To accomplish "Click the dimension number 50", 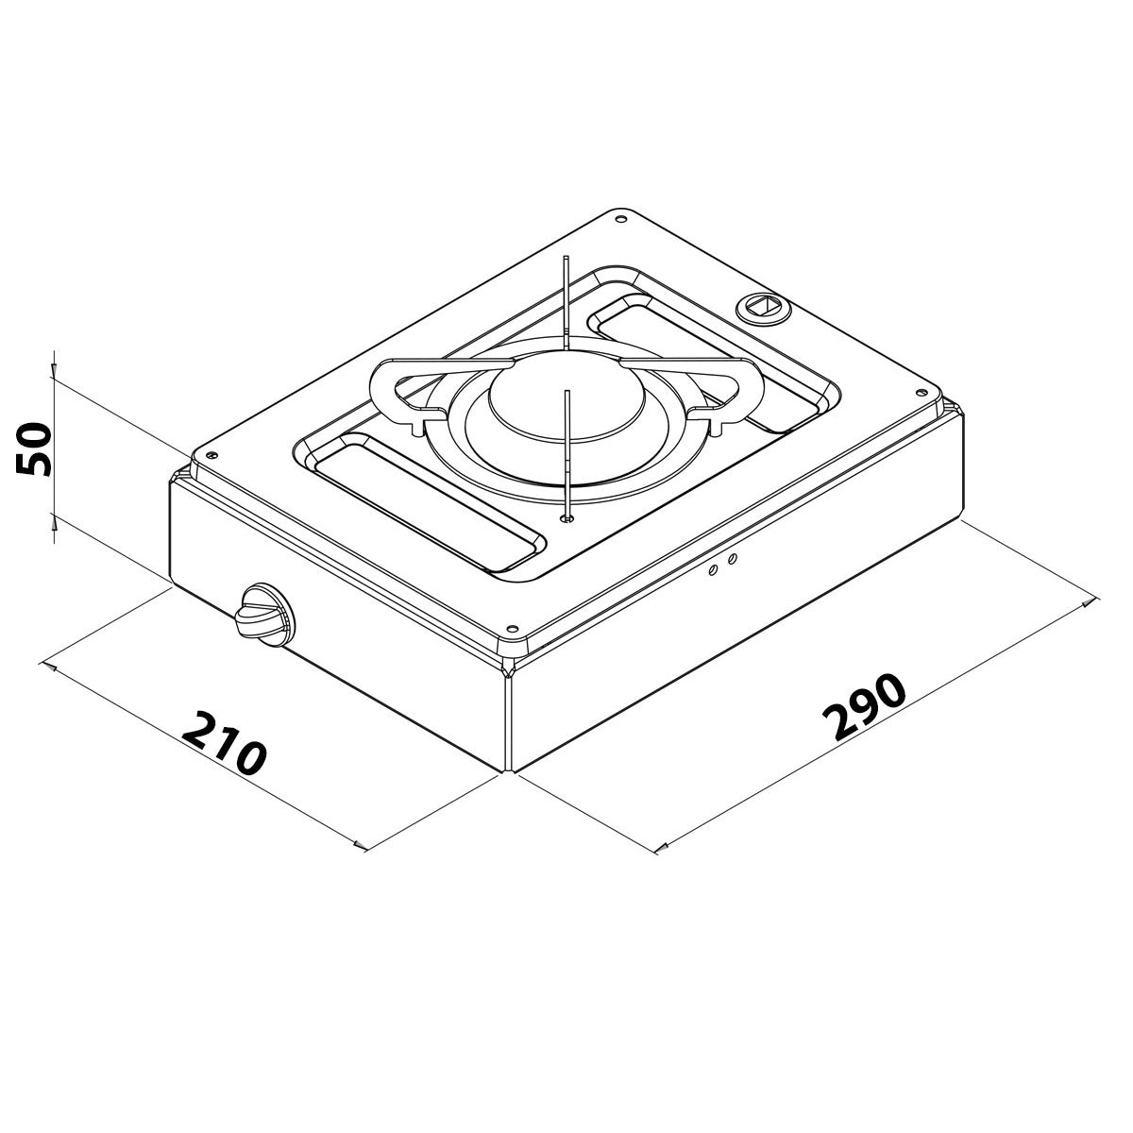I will click(x=34, y=449).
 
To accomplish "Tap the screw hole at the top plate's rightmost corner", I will click(x=920, y=390).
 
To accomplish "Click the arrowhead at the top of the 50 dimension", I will click(x=55, y=364).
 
